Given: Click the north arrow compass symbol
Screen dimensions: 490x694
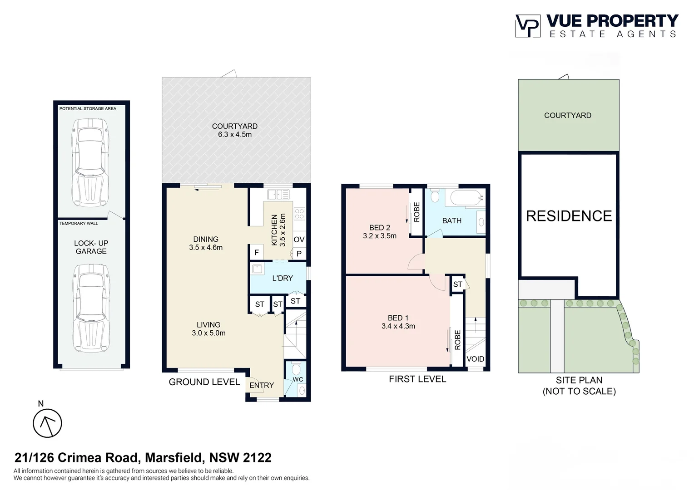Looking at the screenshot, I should pos(47,423).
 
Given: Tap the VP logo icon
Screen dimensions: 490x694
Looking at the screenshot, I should pos(527,26).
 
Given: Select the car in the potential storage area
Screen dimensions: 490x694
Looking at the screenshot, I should pos(90,162).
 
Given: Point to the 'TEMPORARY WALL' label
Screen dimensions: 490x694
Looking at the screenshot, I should pos(79,223).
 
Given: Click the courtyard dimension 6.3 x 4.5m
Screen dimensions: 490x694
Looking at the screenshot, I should pos(234,135).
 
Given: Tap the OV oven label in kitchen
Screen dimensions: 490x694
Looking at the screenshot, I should pos(299,240).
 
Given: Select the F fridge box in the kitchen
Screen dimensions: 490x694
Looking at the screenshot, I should pos(257,253).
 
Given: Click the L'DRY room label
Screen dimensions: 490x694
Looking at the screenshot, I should pos(283,278).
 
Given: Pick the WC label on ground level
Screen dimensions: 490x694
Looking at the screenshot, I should pos(297,379).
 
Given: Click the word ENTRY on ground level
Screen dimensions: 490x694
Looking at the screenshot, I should pos(262,385).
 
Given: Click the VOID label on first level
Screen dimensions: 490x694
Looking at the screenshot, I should pos(475,359).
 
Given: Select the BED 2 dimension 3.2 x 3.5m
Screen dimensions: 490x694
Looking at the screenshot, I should pos(380,236).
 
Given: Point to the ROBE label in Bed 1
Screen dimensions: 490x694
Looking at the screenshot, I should pos(457,340).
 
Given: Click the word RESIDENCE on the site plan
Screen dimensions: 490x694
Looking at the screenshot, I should pos(569,216).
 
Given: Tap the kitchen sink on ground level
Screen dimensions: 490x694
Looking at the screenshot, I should pos(278,195).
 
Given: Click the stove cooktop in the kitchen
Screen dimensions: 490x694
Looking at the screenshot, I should pos(299,213).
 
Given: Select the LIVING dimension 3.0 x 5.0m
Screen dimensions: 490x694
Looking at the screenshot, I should pos(208,333).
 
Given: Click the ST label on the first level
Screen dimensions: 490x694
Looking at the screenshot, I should pos(457,284).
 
